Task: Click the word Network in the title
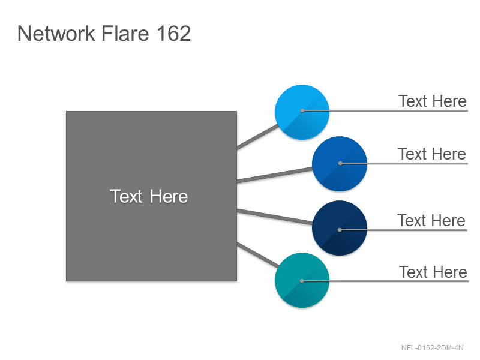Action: (56, 33)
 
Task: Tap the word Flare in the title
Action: (125, 33)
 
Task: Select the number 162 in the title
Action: (173, 33)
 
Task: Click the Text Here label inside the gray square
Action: (149, 196)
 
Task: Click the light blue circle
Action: (302, 112)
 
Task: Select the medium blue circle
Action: (340, 164)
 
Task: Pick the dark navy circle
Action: (340, 228)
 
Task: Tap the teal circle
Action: (302, 280)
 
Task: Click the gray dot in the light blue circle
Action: (302, 110)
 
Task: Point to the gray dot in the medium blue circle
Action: (340, 163)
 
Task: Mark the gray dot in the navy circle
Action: (340, 230)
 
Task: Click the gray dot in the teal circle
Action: (302, 281)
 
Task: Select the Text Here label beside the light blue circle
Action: (432, 101)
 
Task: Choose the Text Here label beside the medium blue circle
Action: (432, 154)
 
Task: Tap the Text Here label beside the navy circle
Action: (431, 220)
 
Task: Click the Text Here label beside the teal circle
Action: (433, 272)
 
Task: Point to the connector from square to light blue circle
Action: (257, 137)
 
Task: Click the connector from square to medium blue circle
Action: (275, 175)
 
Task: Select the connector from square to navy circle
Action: (275, 217)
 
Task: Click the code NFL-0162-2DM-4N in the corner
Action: (432, 348)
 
